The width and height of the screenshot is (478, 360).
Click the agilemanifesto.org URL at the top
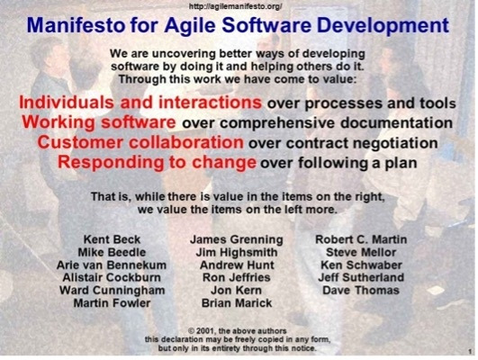tap(238, 5)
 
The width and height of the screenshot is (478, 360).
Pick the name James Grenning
tap(237, 240)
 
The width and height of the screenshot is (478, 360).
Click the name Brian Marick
tap(237, 304)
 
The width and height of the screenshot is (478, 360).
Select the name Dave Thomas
tap(361, 292)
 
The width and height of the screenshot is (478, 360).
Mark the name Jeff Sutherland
tap(361, 279)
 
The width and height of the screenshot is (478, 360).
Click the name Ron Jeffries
tap(237, 279)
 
